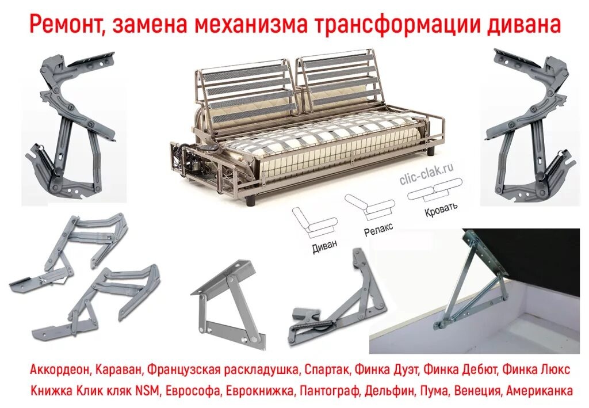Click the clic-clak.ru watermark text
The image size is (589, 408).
(x=426, y=175)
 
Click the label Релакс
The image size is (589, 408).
(x=378, y=229)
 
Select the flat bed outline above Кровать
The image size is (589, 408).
(x=434, y=190)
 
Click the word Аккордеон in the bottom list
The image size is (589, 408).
(x=60, y=369)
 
